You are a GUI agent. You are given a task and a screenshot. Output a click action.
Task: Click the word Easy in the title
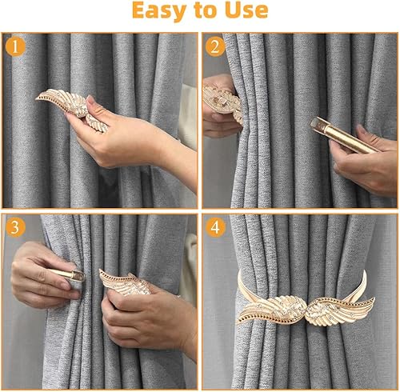(x=159, y=11)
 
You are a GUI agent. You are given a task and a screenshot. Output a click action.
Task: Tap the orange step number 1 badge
(x=15, y=47)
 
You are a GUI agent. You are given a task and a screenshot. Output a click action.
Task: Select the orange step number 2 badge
(x=215, y=47)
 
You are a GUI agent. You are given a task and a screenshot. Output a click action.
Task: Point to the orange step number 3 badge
(x=15, y=227)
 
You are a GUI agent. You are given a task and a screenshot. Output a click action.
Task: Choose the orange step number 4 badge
(x=215, y=227)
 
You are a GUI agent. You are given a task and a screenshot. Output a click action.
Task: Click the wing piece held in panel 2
(x=223, y=102)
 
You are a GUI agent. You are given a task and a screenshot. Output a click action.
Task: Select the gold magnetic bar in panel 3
(x=66, y=274)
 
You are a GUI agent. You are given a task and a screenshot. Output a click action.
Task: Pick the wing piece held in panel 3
(x=124, y=282)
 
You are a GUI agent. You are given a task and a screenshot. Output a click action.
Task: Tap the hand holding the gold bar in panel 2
(x=366, y=160)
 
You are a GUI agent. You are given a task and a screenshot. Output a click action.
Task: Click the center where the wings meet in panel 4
(x=306, y=310)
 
